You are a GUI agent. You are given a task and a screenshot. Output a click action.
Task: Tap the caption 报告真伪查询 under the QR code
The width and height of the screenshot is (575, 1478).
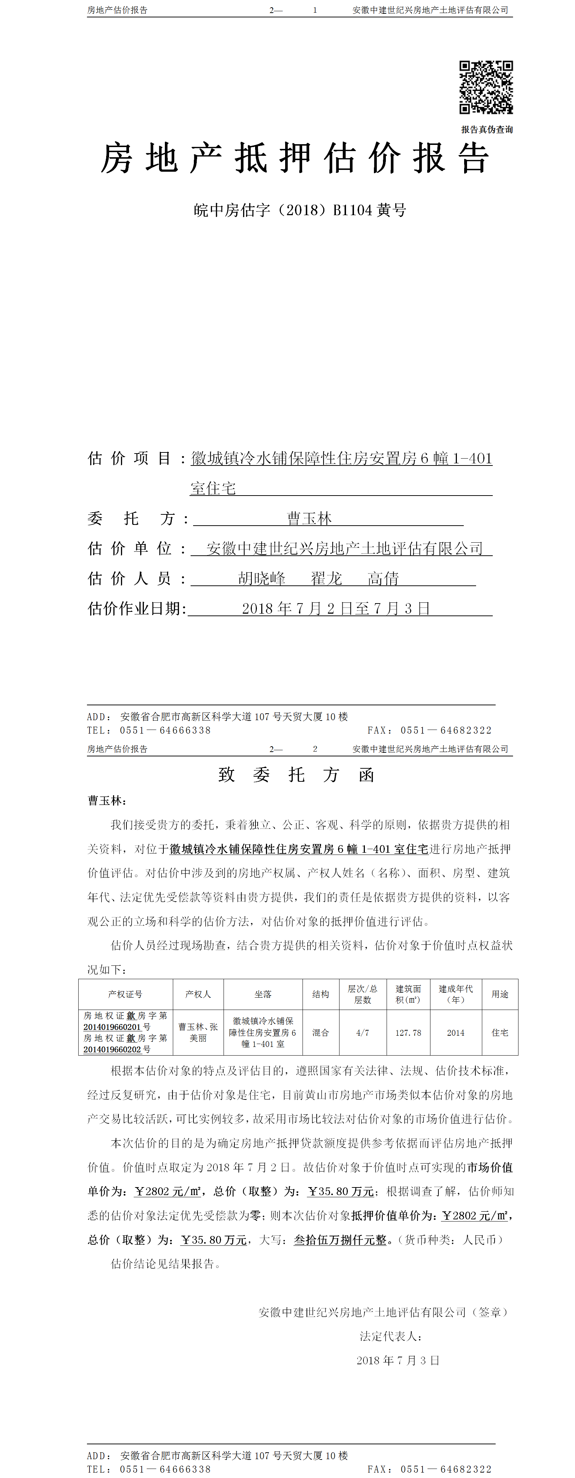pyautogui.click(x=487, y=130)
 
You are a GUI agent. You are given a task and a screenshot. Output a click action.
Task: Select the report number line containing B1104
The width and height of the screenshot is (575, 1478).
pyautogui.click(x=300, y=210)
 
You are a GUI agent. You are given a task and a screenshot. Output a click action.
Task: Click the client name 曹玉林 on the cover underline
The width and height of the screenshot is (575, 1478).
pyautogui.click(x=309, y=519)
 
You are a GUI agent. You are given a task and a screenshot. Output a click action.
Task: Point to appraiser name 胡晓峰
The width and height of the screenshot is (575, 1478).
pyautogui.click(x=262, y=579)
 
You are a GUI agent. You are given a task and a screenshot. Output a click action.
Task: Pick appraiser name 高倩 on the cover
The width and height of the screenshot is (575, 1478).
pyautogui.click(x=383, y=579)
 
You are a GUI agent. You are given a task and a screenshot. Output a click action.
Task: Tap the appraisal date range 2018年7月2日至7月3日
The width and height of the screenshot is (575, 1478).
pyautogui.click(x=336, y=608)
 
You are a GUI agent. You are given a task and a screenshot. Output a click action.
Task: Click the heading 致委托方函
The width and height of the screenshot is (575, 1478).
pyautogui.click(x=296, y=775)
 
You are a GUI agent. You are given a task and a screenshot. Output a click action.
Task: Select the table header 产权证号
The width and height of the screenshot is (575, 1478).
pyautogui.click(x=125, y=994)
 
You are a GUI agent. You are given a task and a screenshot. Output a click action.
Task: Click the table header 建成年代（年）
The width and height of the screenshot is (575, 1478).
pyautogui.click(x=456, y=994)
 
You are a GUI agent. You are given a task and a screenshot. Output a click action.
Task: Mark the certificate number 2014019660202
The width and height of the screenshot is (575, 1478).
pyautogui.click(x=112, y=1049)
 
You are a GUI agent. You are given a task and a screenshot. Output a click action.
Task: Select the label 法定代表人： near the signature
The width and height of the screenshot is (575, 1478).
pyautogui.click(x=391, y=1336)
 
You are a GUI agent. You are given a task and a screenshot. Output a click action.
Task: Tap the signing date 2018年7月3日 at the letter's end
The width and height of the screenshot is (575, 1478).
pyautogui.click(x=398, y=1360)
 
